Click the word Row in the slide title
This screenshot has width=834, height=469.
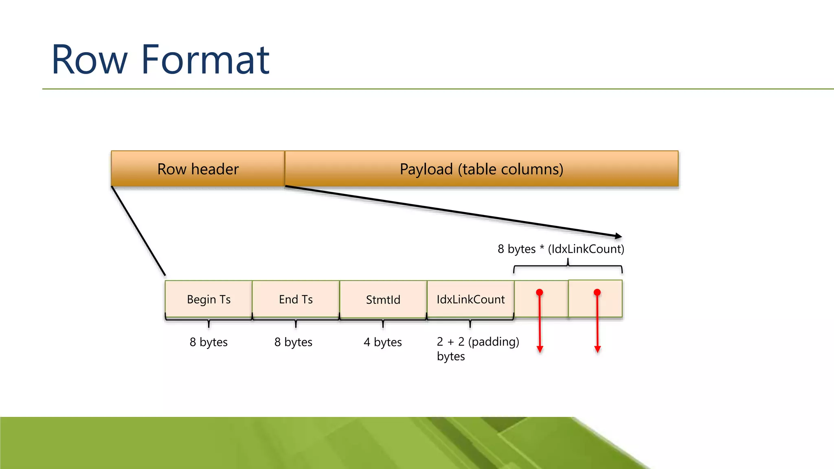[90, 60]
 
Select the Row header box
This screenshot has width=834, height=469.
[198, 169]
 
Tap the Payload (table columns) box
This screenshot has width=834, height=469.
[481, 169]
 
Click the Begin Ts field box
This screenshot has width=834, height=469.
[208, 299]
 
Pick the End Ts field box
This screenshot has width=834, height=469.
[296, 299]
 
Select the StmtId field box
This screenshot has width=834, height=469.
[383, 300]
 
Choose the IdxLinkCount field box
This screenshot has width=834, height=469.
[470, 299]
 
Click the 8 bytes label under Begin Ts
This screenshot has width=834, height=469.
[208, 342]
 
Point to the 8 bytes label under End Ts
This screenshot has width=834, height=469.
[293, 342]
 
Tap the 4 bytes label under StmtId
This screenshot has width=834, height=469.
[382, 342]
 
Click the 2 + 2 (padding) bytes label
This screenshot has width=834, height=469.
[477, 348]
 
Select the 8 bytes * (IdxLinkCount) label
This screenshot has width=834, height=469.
[561, 249]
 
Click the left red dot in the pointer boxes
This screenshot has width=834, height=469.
[540, 292]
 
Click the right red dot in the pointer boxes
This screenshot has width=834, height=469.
[597, 292]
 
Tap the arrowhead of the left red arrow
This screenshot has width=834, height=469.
[540, 349]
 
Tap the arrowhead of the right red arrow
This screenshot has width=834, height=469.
[597, 349]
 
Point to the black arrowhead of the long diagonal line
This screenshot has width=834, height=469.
[619, 236]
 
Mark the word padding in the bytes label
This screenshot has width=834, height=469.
[494, 342]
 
